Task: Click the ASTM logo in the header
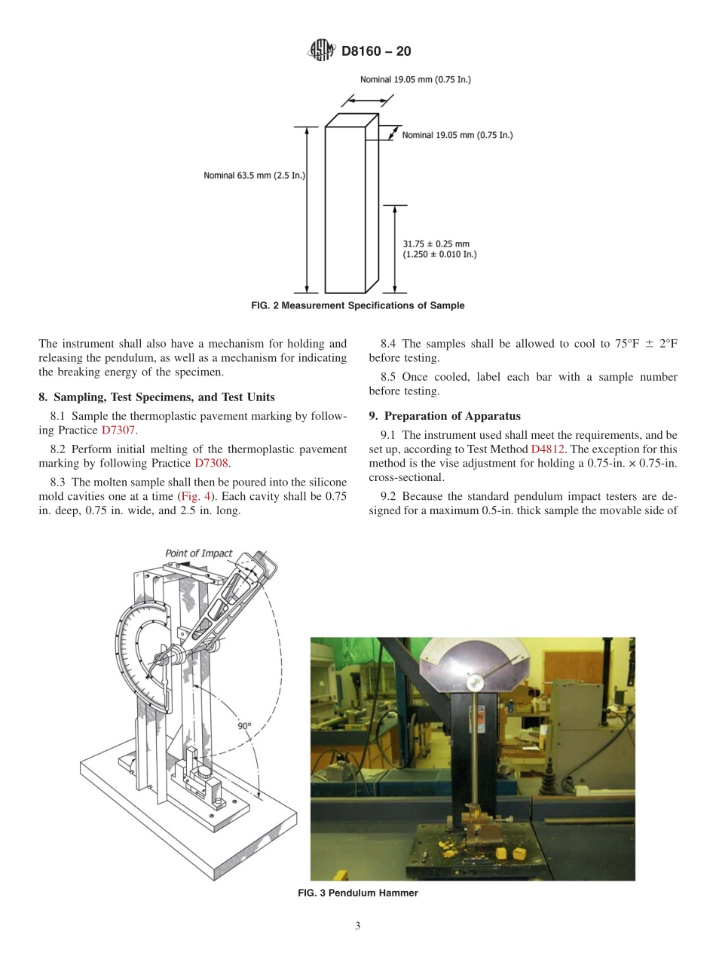click(322, 51)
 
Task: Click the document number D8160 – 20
click(376, 52)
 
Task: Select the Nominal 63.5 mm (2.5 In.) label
click(253, 176)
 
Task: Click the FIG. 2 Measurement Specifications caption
click(357, 306)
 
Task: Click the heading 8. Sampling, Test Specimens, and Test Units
click(157, 397)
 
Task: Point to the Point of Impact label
click(199, 553)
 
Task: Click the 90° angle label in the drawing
click(244, 726)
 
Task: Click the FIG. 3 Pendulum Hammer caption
click(357, 893)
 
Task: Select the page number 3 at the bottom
click(358, 927)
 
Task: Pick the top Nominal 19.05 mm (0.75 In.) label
click(415, 79)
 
